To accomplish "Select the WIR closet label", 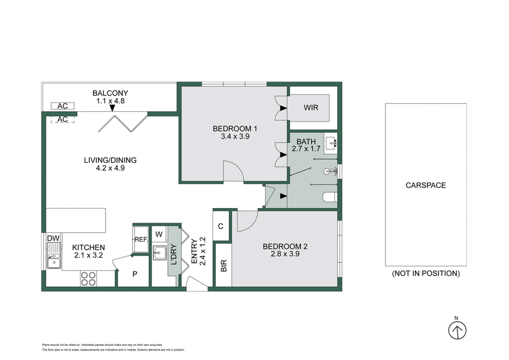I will [310, 107].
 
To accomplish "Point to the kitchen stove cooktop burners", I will [89, 278].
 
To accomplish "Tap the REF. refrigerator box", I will [141, 239].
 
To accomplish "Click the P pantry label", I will [135, 274].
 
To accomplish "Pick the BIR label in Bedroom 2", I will [223, 266].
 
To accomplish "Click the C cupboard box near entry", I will [221, 226].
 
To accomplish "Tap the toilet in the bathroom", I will [328, 198].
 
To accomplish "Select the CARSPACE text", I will [426, 186].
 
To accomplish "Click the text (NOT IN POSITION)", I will [426, 273].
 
